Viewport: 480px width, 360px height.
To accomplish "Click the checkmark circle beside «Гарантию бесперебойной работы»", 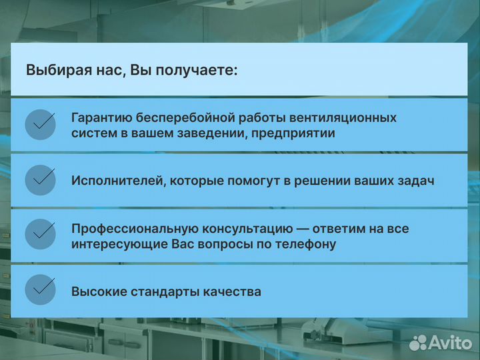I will (x=40, y=125).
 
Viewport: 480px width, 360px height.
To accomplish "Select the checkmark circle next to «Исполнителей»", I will (x=40, y=180).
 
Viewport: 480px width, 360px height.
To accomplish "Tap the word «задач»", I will (x=416, y=181).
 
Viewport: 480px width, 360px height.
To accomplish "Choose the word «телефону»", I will (x=307, y=244).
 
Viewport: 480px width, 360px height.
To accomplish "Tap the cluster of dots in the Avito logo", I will (x=418, y=343).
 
